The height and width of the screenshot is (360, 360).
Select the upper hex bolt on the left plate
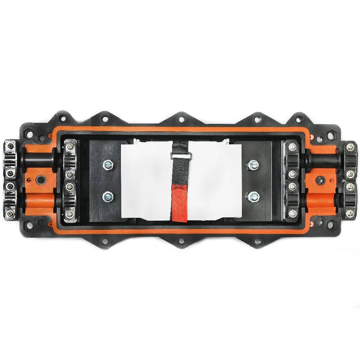(107, 165)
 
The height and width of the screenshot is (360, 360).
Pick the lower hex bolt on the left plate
(107, 196)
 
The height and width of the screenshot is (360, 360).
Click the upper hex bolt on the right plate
(251, 165)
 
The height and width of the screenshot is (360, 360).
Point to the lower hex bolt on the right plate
(251, 196)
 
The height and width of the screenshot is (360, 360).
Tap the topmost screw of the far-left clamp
(9, 147)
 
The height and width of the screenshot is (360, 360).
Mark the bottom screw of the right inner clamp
(291, 214)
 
